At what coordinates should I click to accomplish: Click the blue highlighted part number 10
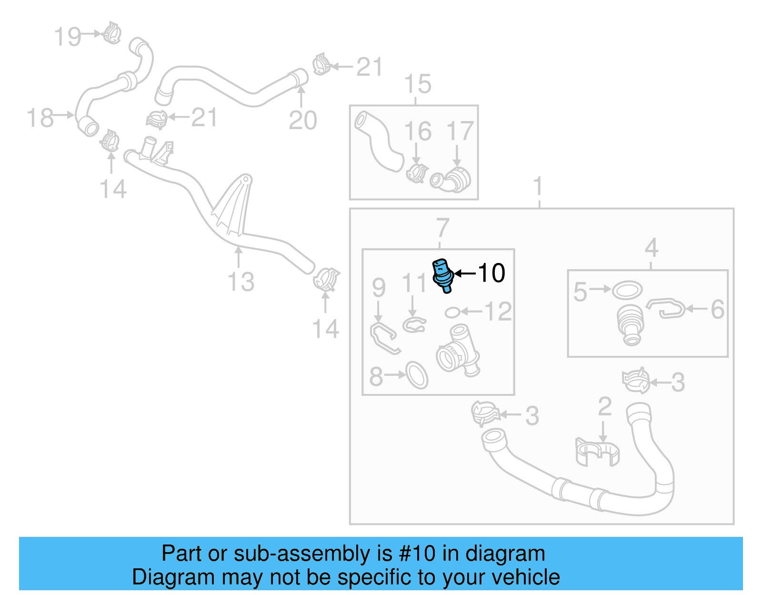pyautogui.click(x=442, y=275)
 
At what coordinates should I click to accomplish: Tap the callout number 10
pyautogui.click(x=491, y=273)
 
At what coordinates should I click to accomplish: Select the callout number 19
pyautogui.click(x=68, y=37)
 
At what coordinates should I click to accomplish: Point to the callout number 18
pyautogui.click(x=40, y=118)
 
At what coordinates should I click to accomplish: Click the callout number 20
pyautogui.click(x=302, y=120)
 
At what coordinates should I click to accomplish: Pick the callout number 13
pyautogui.click(x=241, y=282)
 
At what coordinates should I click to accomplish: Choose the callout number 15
pyautogui.click(x=418, y=84)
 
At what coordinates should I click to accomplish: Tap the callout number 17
pyautogui.click(x=460, y=131)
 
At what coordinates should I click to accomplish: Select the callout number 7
pyautogui.click(x=442, y=228)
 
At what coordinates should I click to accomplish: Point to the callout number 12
pyautogui.click(x=498, y=312)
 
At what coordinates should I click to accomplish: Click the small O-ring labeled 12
pyautogui.click(x=452, y=313)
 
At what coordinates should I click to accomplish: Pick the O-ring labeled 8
pyautogui.click(x=417, y=375)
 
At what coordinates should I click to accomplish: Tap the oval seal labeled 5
pyautogui.click(x=627, y=290)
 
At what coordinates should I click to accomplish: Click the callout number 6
pyautogui.click(x=717, y=310)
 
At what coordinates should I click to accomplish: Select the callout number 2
pyautogui.click(x=604, y=406)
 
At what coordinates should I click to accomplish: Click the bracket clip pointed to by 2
pyautogui.click(x=597, y=452)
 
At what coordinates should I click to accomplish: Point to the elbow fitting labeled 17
pyautogui.click(x=451, y=180)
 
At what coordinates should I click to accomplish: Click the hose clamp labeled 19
pyautogui.click(x=112, y=33)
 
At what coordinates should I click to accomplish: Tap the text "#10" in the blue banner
pyautogui.click(x=417, y=554)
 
